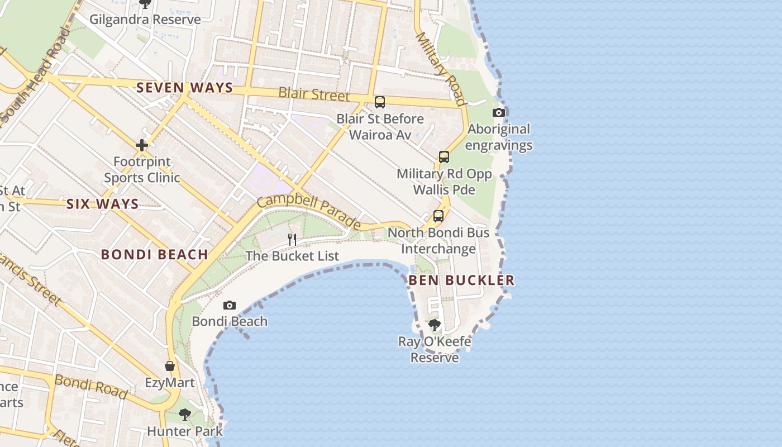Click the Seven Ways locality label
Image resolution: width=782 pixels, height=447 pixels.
[184, 88]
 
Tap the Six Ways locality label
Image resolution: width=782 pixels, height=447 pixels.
[103, 204]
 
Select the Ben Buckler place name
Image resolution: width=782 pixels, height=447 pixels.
[461, 280]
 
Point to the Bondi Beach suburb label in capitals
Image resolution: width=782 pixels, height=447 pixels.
[154, 255]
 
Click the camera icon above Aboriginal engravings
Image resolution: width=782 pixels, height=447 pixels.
[499, 112]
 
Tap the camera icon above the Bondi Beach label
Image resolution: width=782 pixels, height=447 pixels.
[230, 305]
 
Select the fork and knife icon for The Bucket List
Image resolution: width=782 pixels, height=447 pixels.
[292, 240]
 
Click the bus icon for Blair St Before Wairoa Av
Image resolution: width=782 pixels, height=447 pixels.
[380, 102]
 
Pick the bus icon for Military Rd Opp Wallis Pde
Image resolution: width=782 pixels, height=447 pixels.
[444, 157]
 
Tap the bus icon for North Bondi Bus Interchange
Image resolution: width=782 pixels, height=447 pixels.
[438, 216]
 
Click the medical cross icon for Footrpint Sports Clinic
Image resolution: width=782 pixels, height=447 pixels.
[142, 145]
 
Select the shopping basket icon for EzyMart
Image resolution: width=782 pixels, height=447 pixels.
[170, 366]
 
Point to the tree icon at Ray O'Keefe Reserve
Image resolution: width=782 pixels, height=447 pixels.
[434, 325]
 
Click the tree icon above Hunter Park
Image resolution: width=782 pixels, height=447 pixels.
[184, 415]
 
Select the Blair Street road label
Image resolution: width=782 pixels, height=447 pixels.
[314, 94]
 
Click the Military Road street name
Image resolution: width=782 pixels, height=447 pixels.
[441, 68]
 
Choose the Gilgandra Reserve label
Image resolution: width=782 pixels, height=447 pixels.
[145, 20]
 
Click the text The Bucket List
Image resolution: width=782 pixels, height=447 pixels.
[292, 256]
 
